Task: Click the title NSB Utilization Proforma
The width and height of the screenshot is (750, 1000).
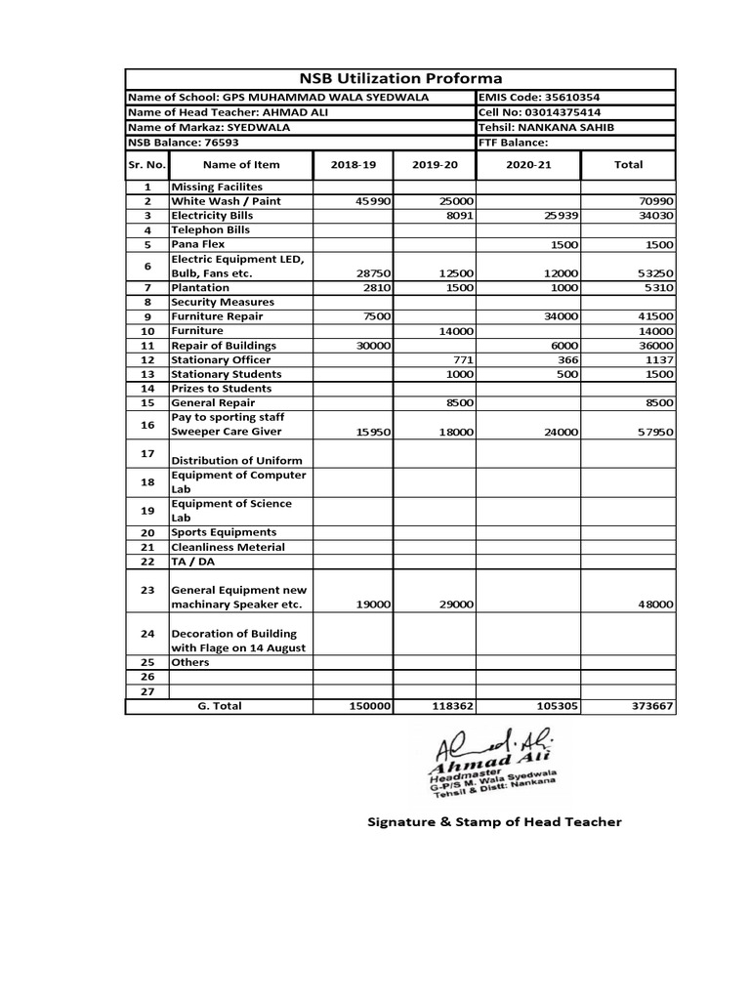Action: tap(399, 79)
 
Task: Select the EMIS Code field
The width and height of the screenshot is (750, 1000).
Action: tap(539, 99)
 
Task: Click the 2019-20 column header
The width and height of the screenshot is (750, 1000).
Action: tap(435, 165)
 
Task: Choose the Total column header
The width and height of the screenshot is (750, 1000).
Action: tap(627, 165)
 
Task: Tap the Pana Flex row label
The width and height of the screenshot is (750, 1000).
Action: tap(200, 244)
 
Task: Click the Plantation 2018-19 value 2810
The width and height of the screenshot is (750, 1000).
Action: tap(376, 288)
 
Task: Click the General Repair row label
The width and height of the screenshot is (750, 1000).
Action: tap(214, 403)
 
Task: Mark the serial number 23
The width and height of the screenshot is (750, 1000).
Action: tap(147, 590)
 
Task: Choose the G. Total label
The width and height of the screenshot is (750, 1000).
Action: tap(220, 706)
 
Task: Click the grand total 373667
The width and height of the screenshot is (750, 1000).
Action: tap(650, 706)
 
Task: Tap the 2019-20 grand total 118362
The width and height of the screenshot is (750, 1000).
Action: tap(450, 706)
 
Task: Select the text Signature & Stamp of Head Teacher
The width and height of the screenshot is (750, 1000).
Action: tap(493, 822)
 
